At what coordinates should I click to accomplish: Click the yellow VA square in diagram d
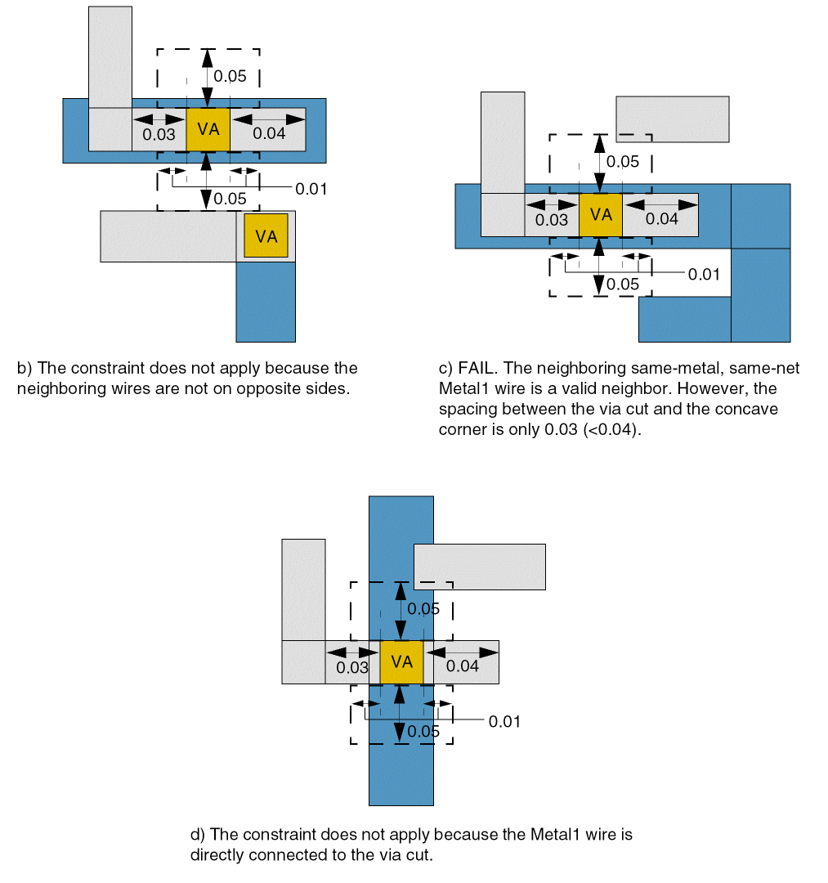coord(401,662)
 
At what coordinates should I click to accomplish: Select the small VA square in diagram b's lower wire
coord(266,236)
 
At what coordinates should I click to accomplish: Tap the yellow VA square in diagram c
coord(601,215)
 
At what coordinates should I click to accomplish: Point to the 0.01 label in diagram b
coord(311,189)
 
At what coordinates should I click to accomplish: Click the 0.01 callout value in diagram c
coord(704,274)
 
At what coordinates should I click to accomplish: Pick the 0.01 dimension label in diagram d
coord(504,722)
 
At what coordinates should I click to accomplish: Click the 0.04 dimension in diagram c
coord(661,219)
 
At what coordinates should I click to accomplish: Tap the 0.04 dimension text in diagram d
coord(463,666)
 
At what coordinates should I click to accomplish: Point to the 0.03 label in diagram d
coord(353,668)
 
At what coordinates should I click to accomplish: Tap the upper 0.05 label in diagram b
coord(230,77)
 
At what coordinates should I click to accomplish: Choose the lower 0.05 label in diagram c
coord(623,285)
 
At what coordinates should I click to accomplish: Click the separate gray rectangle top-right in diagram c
coord(672,119)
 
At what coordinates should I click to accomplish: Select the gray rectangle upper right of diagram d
coord(480,566)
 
